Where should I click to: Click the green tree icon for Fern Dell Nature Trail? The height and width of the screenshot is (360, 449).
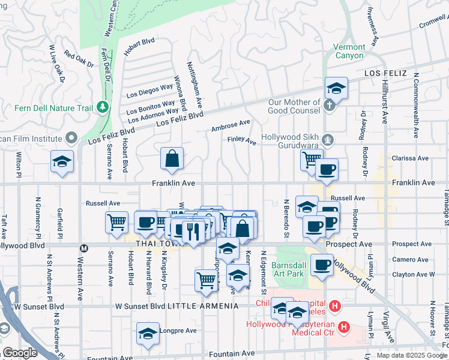point(103,107)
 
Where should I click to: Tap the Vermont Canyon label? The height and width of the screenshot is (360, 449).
point(349,51)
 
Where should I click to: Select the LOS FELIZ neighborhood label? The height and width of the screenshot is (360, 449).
point(386,73)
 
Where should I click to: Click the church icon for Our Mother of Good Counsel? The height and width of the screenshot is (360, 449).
point(328,106)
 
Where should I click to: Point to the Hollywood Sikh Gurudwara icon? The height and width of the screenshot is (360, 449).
point(327,140)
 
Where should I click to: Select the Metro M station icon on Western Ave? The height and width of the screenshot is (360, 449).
point(85,248)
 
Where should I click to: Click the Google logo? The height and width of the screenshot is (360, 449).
point(19,353)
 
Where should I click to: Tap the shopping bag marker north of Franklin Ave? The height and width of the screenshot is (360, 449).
point(172,159)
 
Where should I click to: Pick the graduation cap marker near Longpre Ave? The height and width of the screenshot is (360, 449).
point(148,334)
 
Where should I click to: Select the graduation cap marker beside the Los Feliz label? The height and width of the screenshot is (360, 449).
point(337,88)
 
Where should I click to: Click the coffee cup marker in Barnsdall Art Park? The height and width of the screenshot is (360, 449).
point(322,265)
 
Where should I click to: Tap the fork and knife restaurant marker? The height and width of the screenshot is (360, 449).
point(193,232)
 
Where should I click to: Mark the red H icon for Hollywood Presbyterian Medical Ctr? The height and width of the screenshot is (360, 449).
point(344,327)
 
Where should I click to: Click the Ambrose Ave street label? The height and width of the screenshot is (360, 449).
point(231,126)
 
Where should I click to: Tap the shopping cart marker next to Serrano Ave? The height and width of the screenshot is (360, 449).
point(116,222)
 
